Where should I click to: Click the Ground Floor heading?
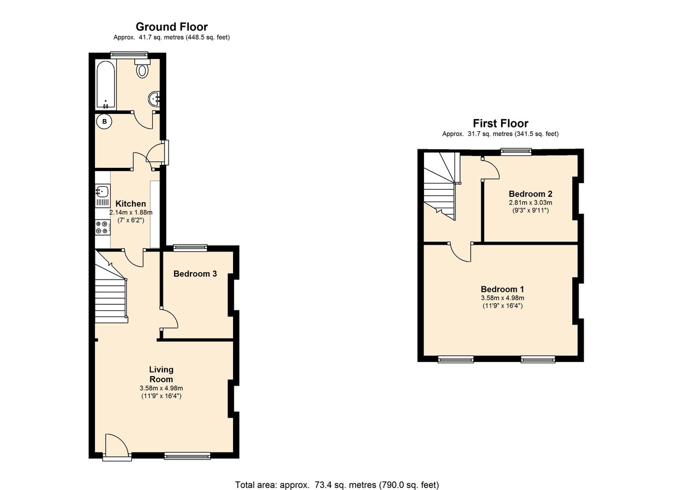click(171, 27)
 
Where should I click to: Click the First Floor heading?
click(500, 123)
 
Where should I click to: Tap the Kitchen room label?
click(130, 204)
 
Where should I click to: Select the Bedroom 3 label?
click(195, 274)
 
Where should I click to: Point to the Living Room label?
click(161, 374)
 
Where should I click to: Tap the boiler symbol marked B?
click(104, 121)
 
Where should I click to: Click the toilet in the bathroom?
click(143, 70)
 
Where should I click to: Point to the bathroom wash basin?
click(154, 99)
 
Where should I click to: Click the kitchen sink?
click(102, 191)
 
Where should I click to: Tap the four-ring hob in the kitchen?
click(102, 227)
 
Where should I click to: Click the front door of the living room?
click(116, 446)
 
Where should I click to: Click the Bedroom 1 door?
click(461, 253)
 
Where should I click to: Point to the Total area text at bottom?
click(336, 484)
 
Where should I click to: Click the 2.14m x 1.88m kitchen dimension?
click(130, 213)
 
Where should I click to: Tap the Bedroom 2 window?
click(516, 150)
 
